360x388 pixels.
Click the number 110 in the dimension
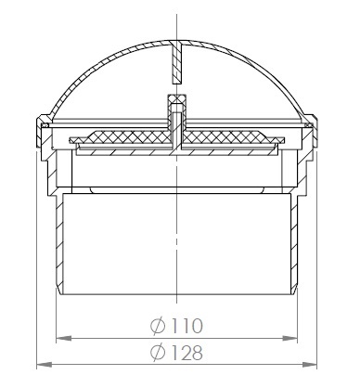(186, 325)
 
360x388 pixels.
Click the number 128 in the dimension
(186, 352)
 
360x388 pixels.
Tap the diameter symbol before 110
(158, 326)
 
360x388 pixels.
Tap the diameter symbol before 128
(158, 353)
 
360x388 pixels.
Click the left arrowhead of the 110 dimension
(64, 338)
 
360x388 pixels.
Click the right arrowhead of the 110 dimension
(289, 338)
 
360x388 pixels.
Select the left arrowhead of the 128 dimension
(45, 365)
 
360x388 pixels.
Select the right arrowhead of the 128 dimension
(309, 365)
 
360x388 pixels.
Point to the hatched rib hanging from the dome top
(177, 63)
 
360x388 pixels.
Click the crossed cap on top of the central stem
(177, 99)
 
